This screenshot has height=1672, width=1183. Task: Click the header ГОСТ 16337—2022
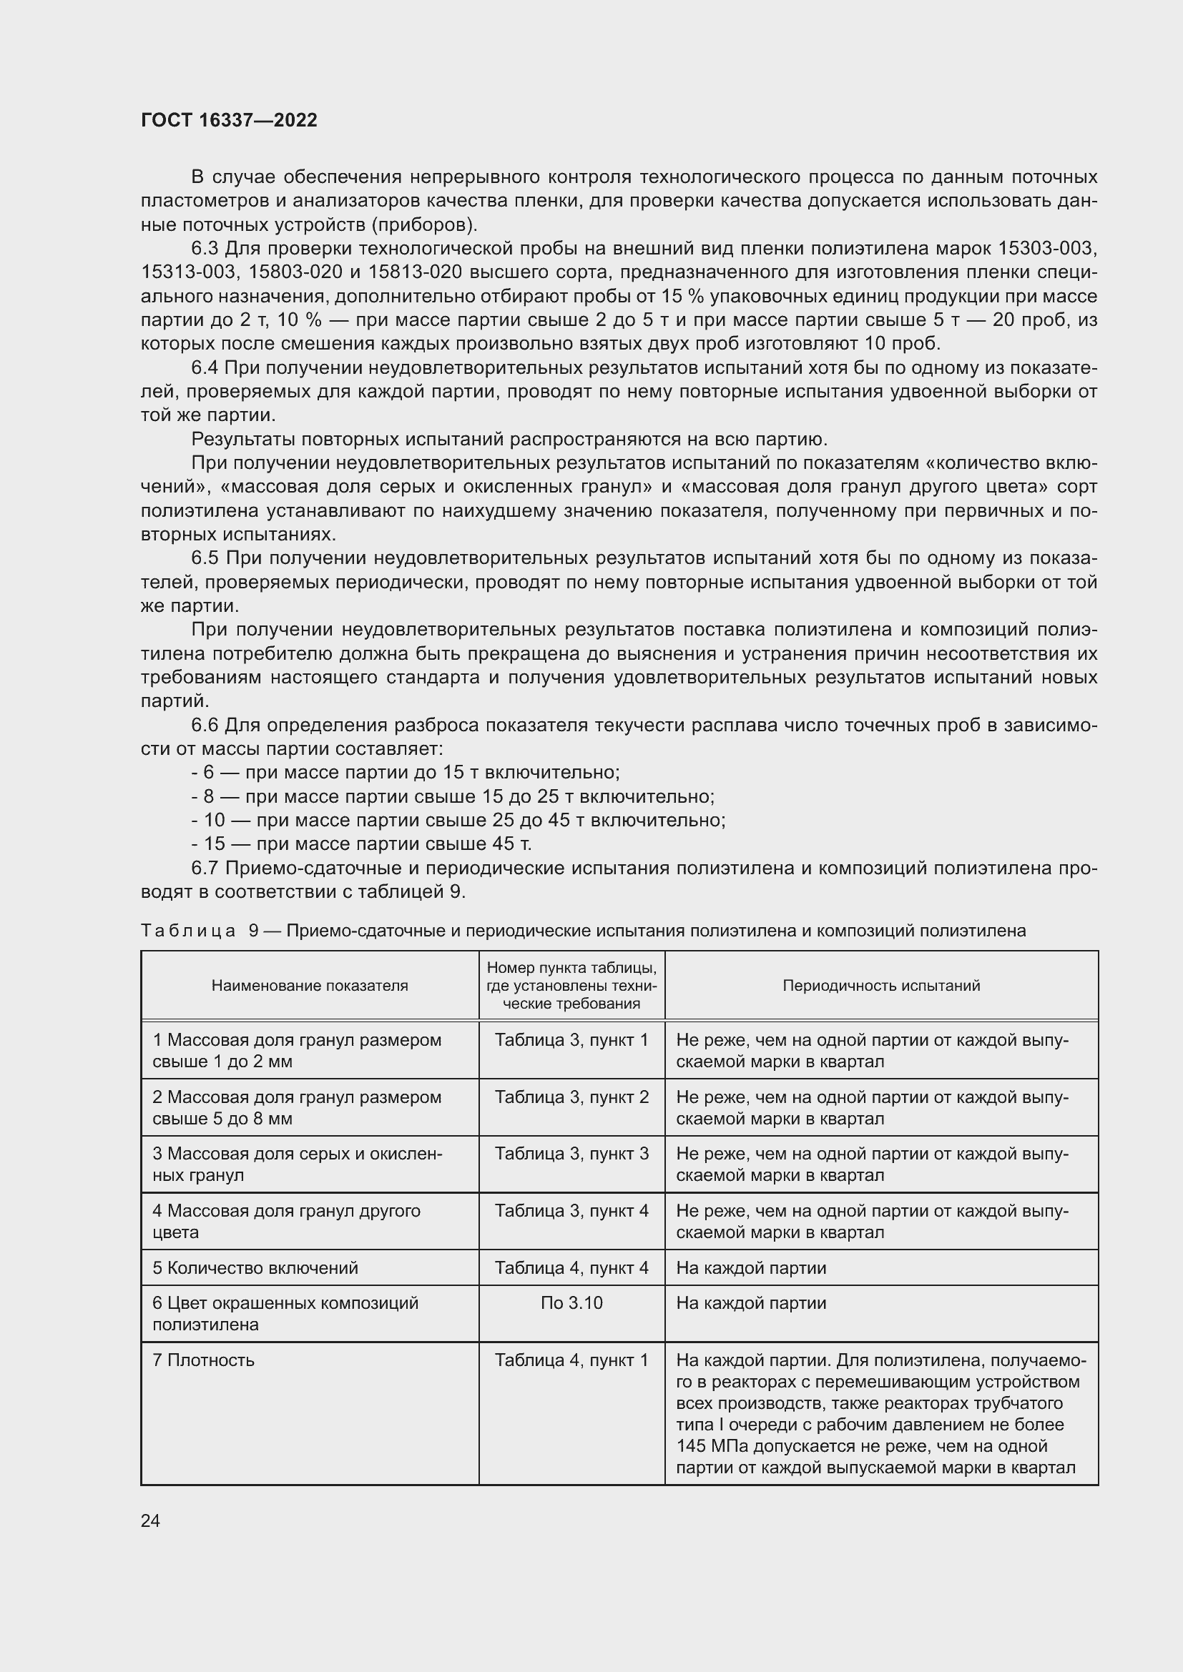click(229, 120)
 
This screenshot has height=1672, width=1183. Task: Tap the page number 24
click(150, 1520)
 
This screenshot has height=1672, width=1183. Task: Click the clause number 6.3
click(204, 248)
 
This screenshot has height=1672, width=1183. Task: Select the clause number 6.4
click(204, 367)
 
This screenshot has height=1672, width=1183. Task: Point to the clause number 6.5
click(204, 558)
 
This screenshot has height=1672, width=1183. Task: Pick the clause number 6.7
click(204, 868)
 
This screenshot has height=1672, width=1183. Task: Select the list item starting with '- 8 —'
click(452, 796)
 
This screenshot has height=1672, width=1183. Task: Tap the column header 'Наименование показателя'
click(310, 985)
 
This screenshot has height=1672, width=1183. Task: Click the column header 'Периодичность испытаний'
click(880, 985)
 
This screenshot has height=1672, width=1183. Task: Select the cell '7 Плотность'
click(203, 1360)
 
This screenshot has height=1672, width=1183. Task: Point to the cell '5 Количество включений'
click(255, 1268)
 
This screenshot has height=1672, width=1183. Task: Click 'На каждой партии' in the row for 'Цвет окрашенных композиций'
click(751, 1303)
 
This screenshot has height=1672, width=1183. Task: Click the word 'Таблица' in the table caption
click(188, 931)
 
